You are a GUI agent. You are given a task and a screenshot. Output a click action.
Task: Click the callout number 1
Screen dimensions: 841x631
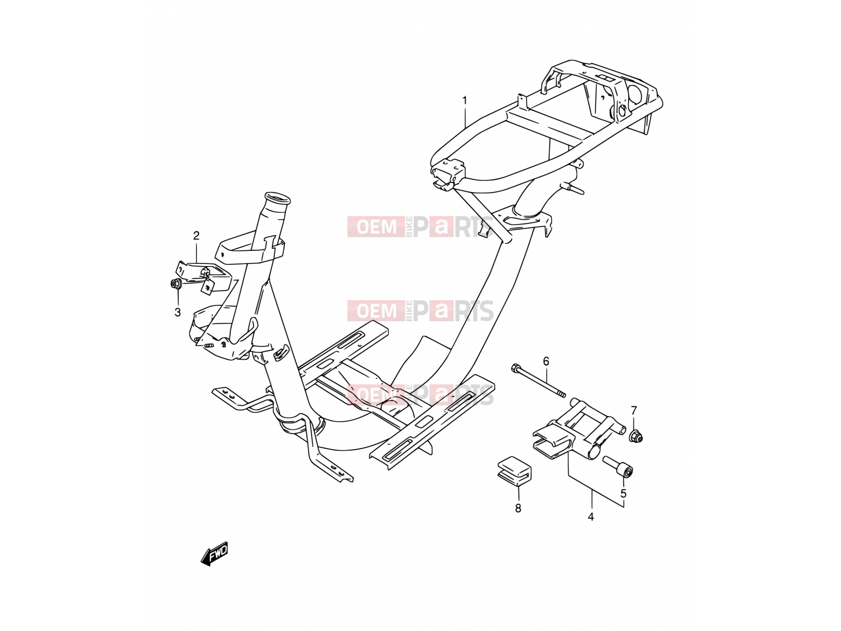click(x=465, y=100)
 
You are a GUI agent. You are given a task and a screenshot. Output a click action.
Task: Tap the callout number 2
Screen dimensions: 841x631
click(x=196, y=236)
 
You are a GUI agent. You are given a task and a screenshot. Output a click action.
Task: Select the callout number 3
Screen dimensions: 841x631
click(x=178, y=312)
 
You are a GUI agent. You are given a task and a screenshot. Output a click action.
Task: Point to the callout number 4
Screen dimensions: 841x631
click(x=591, y=517)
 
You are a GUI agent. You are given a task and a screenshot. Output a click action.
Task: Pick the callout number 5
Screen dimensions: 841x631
click(x=623, y=494)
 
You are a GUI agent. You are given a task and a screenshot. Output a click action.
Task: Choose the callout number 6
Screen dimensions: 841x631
click(x=546, y=361)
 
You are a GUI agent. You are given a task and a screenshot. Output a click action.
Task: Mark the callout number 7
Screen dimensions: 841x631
click(x=634, y=411)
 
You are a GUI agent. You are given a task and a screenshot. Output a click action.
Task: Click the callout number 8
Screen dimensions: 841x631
click(x=518, y=508)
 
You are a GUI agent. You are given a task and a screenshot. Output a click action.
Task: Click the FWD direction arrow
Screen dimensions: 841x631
click(x=214, y=554)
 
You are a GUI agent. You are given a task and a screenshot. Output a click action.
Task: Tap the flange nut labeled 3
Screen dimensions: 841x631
click(x=176, y=284)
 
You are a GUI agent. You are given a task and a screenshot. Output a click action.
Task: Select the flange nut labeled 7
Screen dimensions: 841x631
click(x=637, y=436)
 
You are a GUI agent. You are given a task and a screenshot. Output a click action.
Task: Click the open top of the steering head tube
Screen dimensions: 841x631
click(x=277, y=198)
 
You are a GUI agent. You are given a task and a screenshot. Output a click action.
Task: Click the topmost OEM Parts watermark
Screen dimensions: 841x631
click(x=420, y=227)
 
